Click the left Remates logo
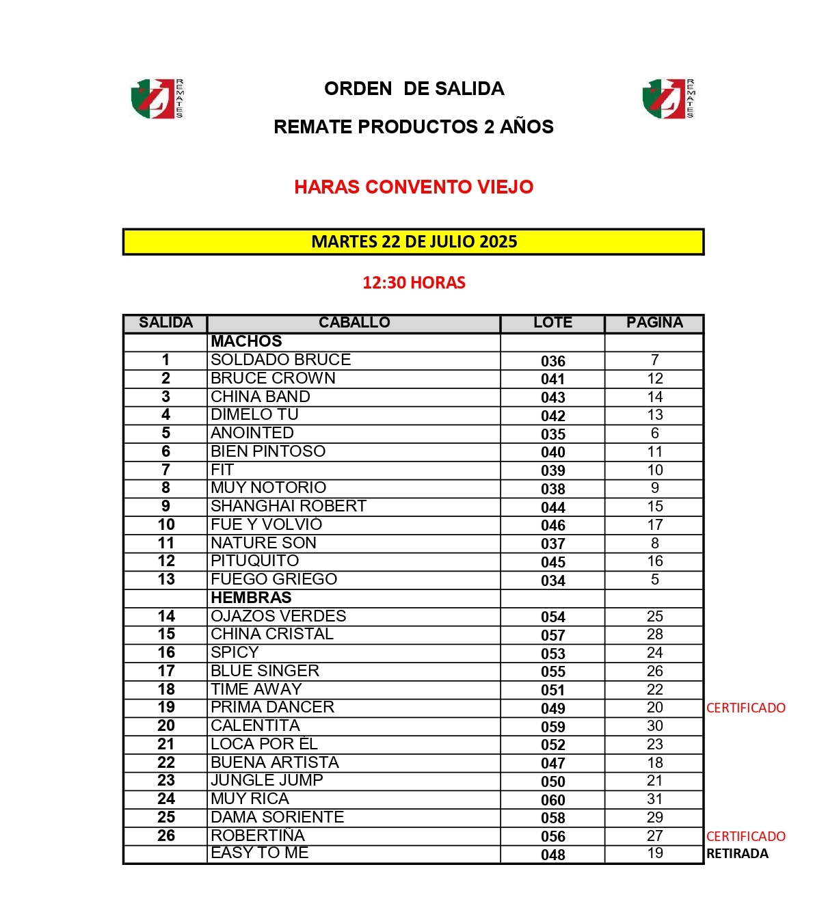(x=157, y=98)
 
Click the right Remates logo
(x=668, y=98)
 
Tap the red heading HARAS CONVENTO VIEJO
(x=414, y=187)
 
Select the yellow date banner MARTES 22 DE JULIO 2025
(x=414, y=241)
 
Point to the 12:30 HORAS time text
(x=414, y=282)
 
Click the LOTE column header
(x=552, y=323)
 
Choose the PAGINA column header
(x=654, y=323)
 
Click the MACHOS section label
(x=246, y=341)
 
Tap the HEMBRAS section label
(x=251, y=598)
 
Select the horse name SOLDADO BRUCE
(x=280, y=360)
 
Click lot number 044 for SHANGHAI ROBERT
(x=552, y=507)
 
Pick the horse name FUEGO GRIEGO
(x=274, y=579)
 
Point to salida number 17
(x=166, y=671)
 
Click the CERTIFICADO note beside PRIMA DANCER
(x=745, y=708)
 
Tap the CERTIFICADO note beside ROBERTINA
(x=745, y=836)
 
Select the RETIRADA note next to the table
(x=737, y=853)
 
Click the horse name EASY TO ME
(x=260, y=853)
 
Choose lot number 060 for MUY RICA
(x=552, y=800)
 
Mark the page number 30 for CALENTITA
(x=654, y=725)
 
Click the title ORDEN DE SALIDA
(x=414, y=89)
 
